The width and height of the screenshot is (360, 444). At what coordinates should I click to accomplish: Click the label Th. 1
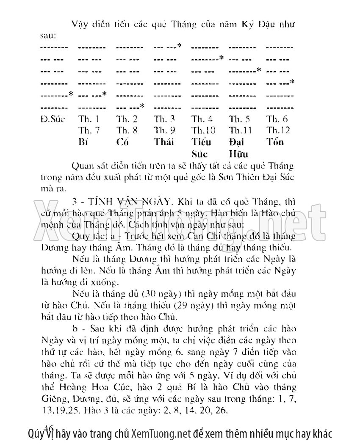(x=89, y=119)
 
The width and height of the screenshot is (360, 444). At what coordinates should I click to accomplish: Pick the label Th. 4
(x=202, y=119)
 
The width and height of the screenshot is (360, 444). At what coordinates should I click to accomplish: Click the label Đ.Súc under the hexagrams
(x=52, y=119)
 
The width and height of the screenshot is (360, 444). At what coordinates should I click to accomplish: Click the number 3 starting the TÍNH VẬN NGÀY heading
(x=75, y=199)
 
